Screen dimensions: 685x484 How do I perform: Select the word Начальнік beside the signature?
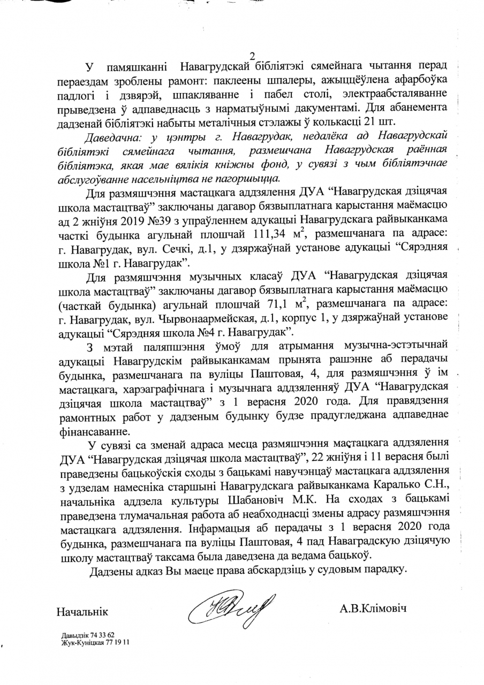pyautogui.click(x=82, y=611)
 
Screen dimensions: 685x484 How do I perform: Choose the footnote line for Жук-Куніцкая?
pyautogui.click(x=95, y=641)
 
